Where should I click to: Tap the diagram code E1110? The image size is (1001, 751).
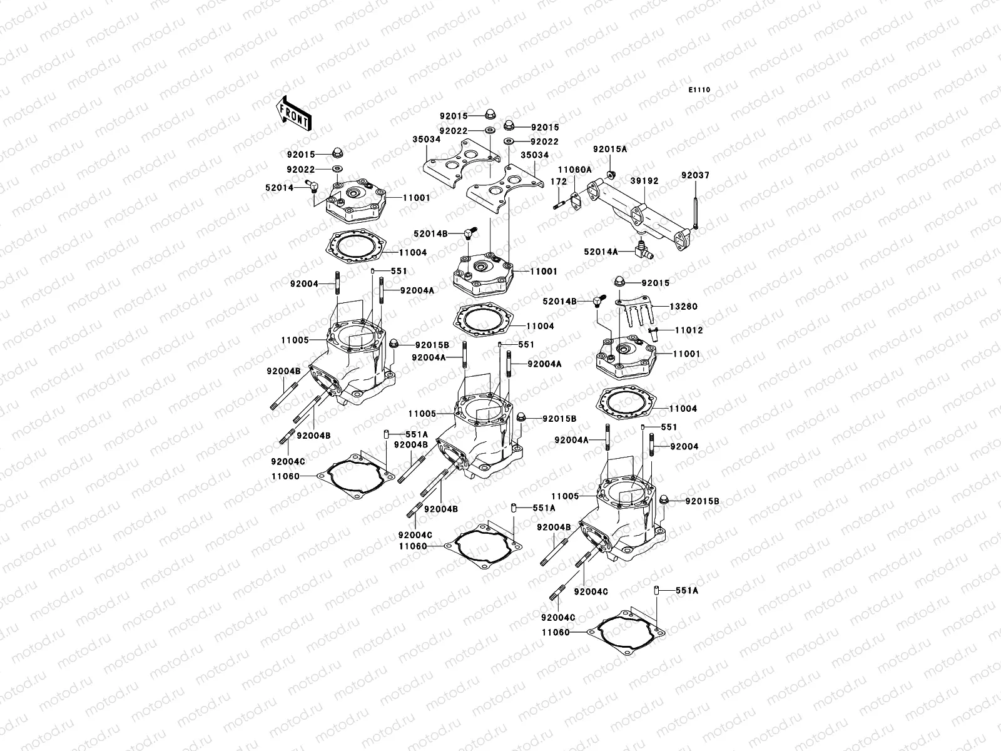(x=699, y=90)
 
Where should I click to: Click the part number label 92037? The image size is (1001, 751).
(x=695, y=176)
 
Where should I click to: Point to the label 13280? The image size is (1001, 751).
(x=683, y=307)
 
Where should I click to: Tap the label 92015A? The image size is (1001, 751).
(x=609, y=150)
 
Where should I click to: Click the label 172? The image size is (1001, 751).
(x=558, y=181)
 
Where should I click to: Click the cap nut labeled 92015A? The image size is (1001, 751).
(x=612, y=173)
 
